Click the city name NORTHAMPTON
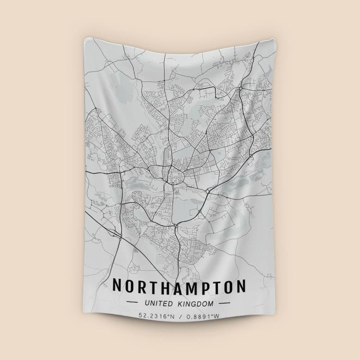pyautogui.click(x=179, y=287)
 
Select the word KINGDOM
pyautogui.click(x=196, y=304)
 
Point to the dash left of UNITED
pyautogui.click(x=134, y=304)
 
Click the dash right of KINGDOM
pyautogui.click(x=224, y=304)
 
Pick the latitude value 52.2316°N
pyautogui.click(x=156, y=316)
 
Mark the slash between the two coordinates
pyautogui.click(x=179, y=316)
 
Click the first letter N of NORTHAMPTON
pyautogui.click(x=117, y=287)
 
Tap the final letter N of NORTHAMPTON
pyautogui.click(x=242, y=287)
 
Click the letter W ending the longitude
pyautogui.click(x=217, y=316)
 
